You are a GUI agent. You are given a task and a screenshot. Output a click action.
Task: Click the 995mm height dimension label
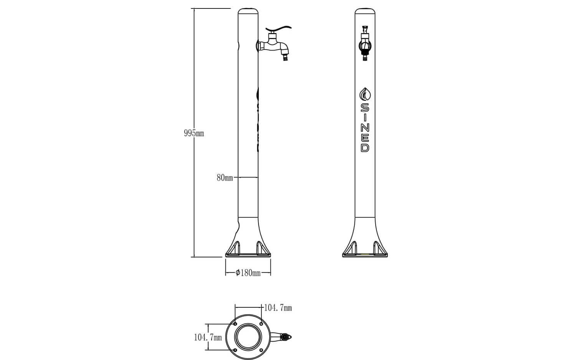tap(194, 133)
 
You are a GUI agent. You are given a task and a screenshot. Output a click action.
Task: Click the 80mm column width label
tap(225, 178)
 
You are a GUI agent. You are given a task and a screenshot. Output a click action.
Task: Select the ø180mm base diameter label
tap(248, 273)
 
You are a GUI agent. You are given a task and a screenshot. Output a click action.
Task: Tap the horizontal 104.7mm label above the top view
tap(278, 308)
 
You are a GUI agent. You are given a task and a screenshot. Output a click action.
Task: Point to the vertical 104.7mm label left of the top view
tap(208, 337)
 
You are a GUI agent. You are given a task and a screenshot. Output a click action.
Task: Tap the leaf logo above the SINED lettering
tap(365, 95)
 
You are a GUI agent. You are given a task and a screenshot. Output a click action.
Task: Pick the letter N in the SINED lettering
tap(365, 128)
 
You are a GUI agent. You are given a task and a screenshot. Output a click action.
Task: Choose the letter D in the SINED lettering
tap(365, 148)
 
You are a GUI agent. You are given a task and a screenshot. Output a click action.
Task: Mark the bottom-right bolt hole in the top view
tap(261, 350)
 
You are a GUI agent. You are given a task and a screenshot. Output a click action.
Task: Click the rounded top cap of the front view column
tap(365, 10)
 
